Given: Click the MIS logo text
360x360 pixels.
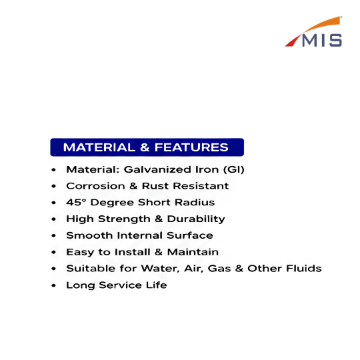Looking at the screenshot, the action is point(322,41).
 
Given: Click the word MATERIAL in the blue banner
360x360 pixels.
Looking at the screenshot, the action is point(99,147).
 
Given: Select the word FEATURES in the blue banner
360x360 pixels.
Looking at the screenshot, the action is point(191,147).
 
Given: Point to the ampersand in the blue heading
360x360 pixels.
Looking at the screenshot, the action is point(145,147).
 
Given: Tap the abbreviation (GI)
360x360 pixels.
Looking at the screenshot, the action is point(234,169).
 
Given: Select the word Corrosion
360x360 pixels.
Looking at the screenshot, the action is point(95,186).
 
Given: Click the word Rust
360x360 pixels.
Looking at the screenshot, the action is point(155,186).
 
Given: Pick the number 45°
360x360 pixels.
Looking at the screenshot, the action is point(76,202).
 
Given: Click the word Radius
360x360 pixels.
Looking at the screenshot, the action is point(195,202).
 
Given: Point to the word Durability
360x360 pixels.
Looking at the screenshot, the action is point(196,219).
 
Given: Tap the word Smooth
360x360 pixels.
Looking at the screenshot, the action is point(89,235).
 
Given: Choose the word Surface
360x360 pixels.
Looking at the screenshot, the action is point(190,235).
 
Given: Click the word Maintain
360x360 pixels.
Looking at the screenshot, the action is point(193,252).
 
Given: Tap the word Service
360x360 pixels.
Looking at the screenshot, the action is point(120,285).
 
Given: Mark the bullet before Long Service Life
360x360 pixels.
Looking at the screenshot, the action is point(54,285).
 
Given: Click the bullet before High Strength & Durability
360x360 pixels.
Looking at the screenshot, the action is point(54,219).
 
